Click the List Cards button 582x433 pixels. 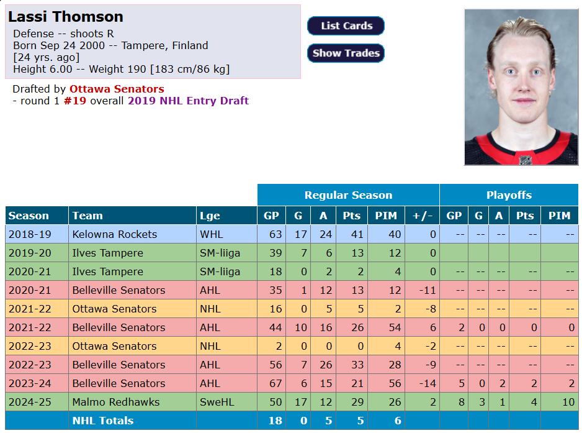pyautogui.click(x=346, y=26)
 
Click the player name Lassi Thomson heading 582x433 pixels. pyautogui.click(x=66, y=17)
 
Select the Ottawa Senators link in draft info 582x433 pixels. pyautogui.click(x=117, y=89)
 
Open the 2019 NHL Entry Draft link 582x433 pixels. pyautogui.click(x=188, y=101)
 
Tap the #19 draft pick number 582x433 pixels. pyautogui.click(x=75, y=101)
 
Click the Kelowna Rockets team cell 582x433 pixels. pyautogui.click(x=114, y=234)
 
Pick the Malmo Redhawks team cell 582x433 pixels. pyautogui.click(x=115, y=402)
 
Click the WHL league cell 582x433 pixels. pyautogui.click(x=210, y=234)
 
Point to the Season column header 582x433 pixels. pyautogui.click(x=29, y=216)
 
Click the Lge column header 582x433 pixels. pyautogui.click(x=210, y=216)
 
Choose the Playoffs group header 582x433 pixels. pyautogui.click(x=509, y=195)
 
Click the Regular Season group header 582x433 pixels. pyautogui.click(x=348, y=195)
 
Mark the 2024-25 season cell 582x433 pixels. pyautogui.click(x=30, y=402)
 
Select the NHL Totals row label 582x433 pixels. pyautogui.click(x=102, y=421)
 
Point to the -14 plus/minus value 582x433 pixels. pyautogui.click(x=428, y=383)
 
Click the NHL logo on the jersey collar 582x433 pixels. pyautogui.click(x=526, y=160)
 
